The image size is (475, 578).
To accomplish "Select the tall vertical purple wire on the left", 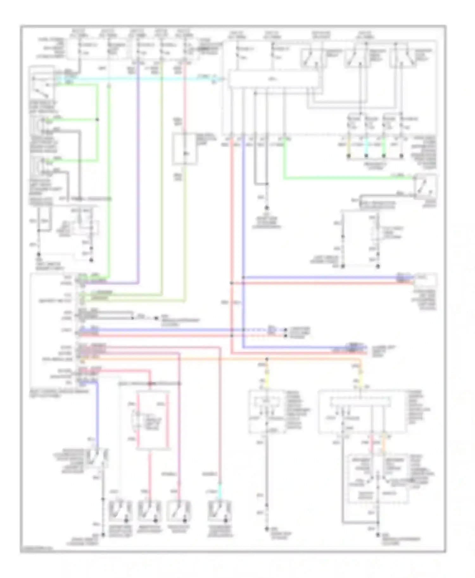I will point(138,177).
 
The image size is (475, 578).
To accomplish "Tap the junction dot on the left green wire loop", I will point(97,120).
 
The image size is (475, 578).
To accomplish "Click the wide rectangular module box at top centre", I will point(273,79).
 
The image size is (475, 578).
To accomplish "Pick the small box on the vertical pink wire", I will point(184,149).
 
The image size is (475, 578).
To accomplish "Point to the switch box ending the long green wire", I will point(425,186).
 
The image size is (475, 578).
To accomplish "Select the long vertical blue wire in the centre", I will point(243,221).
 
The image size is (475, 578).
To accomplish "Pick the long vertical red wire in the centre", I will point(232,221).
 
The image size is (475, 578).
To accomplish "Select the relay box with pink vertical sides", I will point(153,421).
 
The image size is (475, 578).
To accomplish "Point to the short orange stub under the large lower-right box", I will point(384,440).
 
